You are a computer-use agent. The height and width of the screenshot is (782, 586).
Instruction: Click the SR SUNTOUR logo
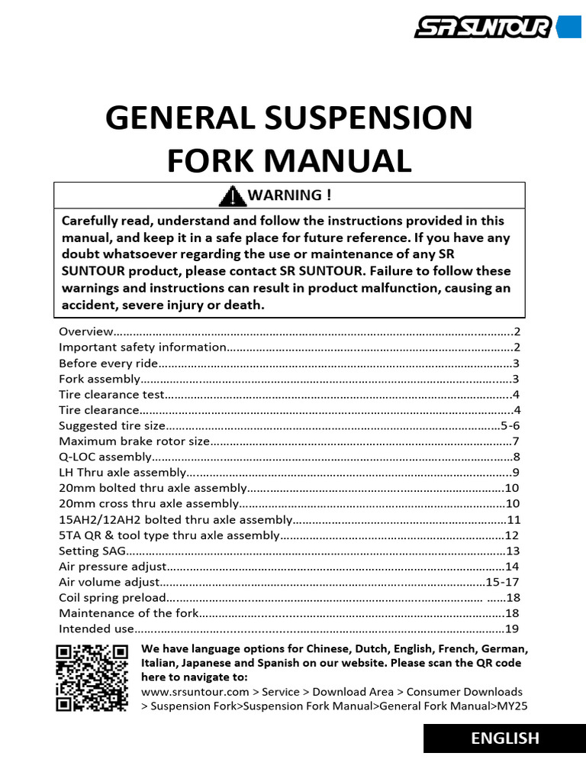click(x=482, y=28)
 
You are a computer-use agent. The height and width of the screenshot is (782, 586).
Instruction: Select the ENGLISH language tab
click(x=504, y=738)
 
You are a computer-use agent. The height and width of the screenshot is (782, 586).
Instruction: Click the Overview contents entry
click(x=85, y=331)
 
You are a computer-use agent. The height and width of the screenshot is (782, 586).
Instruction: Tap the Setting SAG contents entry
click(x=91, y=551)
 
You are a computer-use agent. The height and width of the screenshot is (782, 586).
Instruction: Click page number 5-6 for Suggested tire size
click(x=510, y=425)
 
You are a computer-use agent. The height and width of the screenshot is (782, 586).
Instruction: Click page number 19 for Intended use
click(x=511, y=629)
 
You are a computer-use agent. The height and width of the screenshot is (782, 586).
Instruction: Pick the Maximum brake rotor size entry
click(x=134, y=441)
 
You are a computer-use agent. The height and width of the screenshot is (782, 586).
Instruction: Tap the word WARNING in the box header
click(x=285, y=195)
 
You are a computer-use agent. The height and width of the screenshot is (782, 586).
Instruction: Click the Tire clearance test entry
click(x=111, y=394)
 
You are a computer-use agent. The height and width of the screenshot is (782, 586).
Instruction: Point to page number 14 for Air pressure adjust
click(x=511, y=567)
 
